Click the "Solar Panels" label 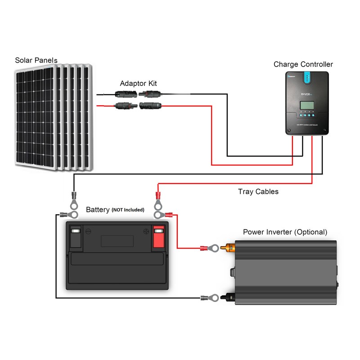[36, 60]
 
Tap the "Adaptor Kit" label [138, 84]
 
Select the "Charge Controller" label [303, 64]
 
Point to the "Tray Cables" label [258, 192]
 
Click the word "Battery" [97, 210]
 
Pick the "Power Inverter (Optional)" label [285, 232]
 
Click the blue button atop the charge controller [307, 78]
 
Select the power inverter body [286, 272]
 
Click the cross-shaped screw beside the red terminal [146, 232]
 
